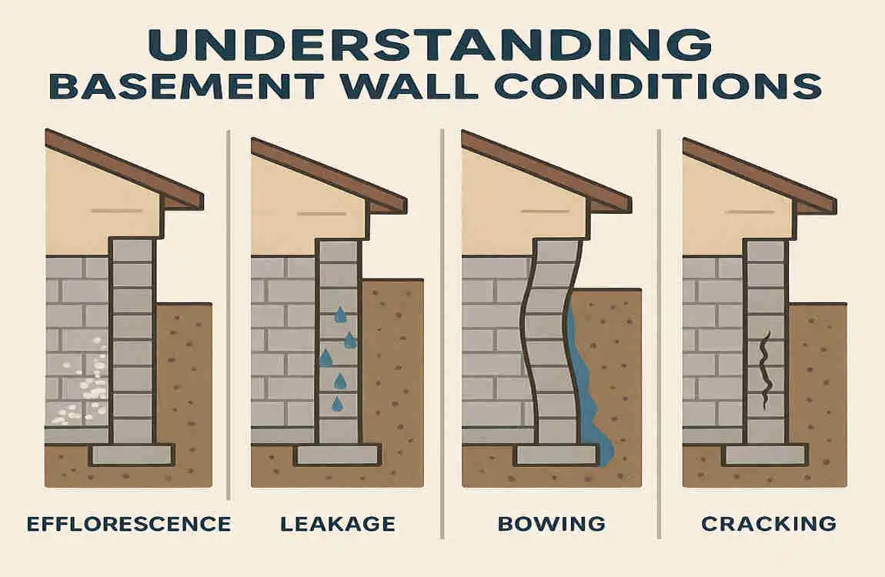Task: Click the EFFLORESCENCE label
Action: click(x=129, y=525)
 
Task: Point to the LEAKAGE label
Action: click(x=338, y=525)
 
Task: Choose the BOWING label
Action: click(x=551, y=525)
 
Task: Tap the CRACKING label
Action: click(x=769, y=525)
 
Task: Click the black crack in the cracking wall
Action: click(x=766, y=369)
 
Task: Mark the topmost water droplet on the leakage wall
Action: click(x=339, y=314)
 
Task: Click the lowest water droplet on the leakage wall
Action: click(x=337, y=403)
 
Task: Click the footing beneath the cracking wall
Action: click(x=765, y=455)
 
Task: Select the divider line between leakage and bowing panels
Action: click(x=441, y=308)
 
